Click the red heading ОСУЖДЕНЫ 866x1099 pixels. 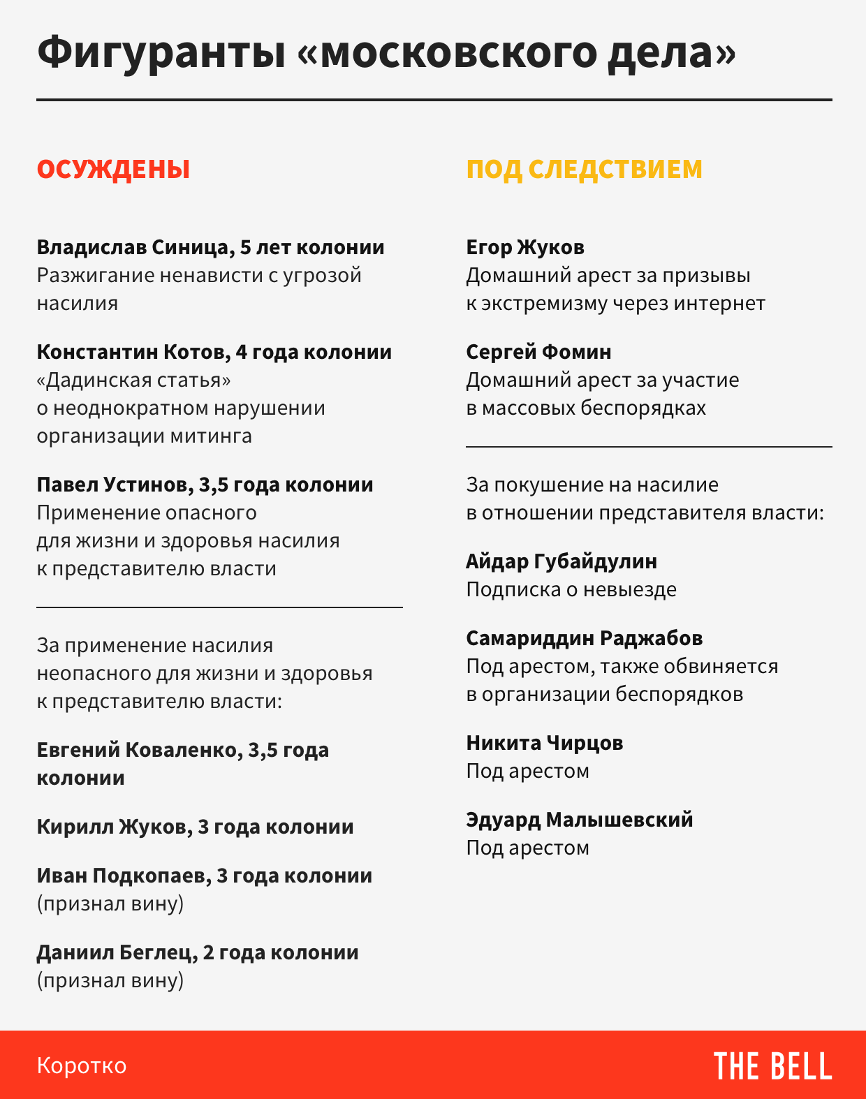[x=113, y=170]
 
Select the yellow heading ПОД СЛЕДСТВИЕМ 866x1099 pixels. [x=584, y=170]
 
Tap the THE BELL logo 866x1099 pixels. [x=772, y=1066]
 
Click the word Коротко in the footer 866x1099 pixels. [x=82, y=1065]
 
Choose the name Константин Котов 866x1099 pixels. [x=133, y=352]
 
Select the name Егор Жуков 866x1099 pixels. [x=525, y=248]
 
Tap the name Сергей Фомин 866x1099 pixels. [x=538, y=352]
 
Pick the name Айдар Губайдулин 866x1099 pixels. [x=562, y=561]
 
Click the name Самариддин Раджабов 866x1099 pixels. [x=585, y=638]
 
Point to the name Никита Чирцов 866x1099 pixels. [x=545, y=743]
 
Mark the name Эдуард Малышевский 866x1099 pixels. [x=580, y=820]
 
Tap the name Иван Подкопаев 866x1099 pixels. [x=121, y=876]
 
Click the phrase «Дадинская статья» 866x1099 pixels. [x=134, y=381]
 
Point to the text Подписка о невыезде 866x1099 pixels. [x=571, y=590]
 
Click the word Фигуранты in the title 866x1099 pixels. [x=161, y=53]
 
